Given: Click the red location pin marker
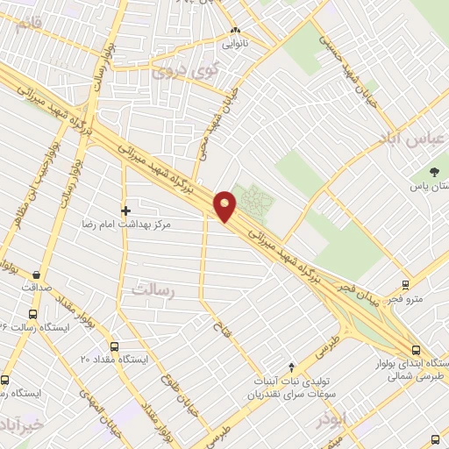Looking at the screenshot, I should tap(226, 206).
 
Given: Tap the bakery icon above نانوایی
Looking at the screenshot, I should tap(233, 30).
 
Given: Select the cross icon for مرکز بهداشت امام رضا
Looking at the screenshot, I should tap(126, 210).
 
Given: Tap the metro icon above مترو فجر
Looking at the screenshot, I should tap(405, 286).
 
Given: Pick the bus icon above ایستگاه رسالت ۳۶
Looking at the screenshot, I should tap(33, 314).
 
